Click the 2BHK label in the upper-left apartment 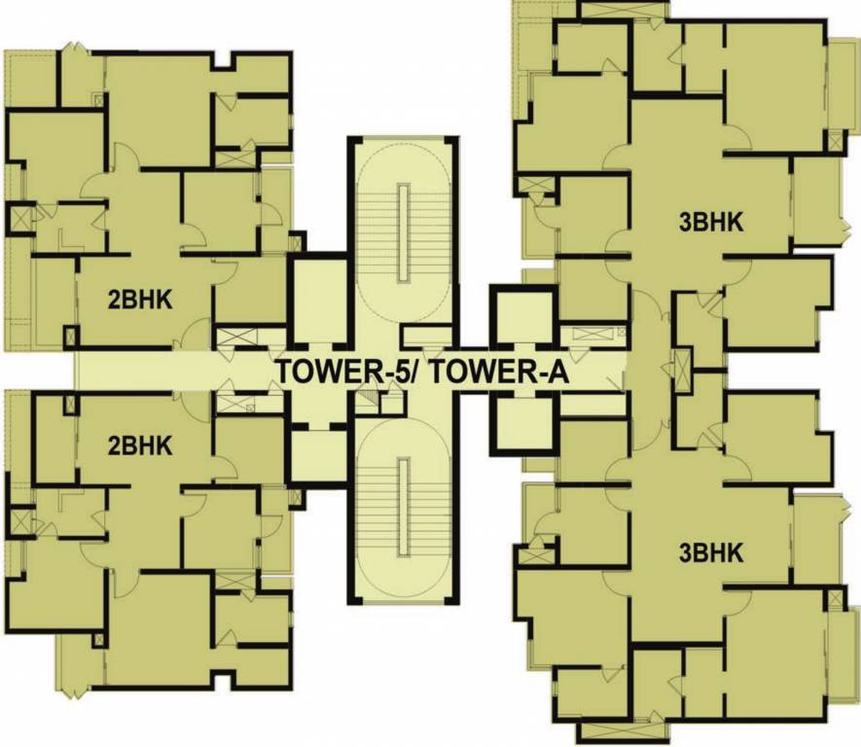tap(140, 301)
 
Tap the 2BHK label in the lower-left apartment tap(140, 446)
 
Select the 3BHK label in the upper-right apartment tap(711, 223)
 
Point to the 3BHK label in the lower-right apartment tap(711, 553)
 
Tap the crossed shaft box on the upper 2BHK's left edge tap(19, 218)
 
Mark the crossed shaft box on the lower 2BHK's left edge tap(19, 521)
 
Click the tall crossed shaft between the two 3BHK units tap(682, 372)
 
